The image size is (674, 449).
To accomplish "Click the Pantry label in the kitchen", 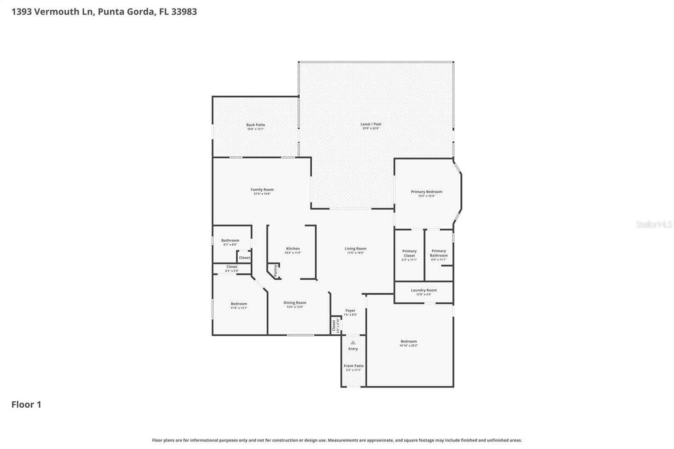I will [275, 270].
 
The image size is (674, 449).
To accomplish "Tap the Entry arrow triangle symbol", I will [353, 342].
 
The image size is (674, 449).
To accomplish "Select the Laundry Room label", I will [423, 290].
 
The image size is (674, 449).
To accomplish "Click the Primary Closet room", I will [409, 255].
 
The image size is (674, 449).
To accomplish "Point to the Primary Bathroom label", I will [439, 253].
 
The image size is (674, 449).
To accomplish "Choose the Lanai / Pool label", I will [371, 124].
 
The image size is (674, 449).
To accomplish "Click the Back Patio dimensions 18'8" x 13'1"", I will [255, 129].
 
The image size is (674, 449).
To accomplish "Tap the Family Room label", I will [262, 190].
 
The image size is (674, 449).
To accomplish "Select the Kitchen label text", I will [293, 249].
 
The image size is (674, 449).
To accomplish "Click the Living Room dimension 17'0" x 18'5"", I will [356, 253].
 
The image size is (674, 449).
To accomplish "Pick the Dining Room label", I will [294, 302].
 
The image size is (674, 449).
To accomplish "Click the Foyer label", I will [350, 310].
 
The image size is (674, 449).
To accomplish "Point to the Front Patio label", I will [353, 366].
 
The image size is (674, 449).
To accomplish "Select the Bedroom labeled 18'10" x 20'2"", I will [409, 343].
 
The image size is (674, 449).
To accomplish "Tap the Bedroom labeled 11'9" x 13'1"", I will [239, 305].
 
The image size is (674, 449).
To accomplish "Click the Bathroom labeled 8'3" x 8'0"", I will [230, 242].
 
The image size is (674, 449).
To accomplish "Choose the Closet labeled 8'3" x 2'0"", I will [232, 268].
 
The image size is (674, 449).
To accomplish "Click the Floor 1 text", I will [26, 404].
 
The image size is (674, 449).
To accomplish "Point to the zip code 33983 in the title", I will [184, 11].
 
